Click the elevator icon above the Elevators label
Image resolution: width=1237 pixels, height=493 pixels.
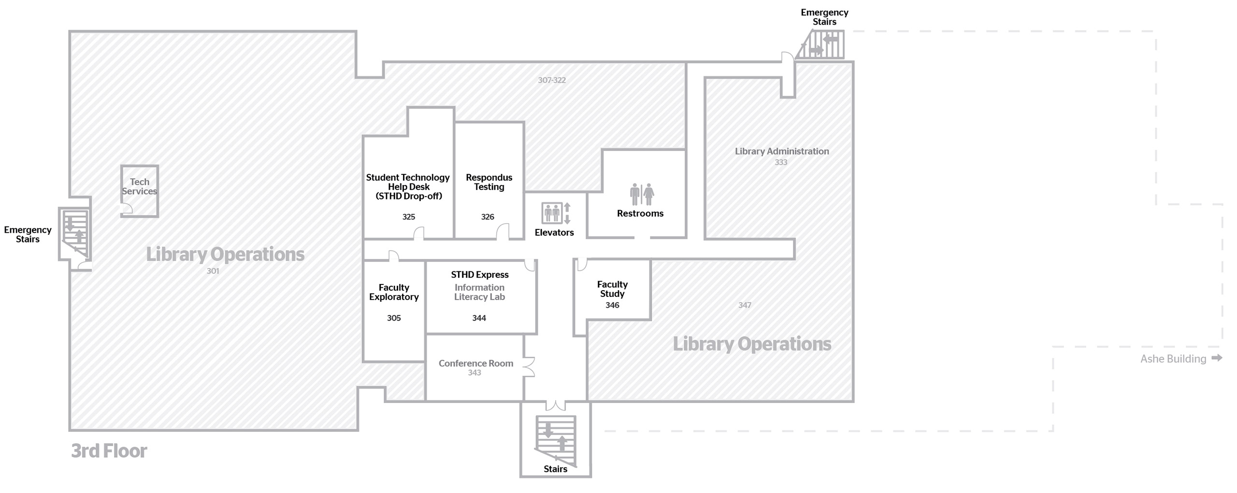[x=552, y=213]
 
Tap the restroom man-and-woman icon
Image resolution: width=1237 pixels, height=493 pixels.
[x=642, y=194]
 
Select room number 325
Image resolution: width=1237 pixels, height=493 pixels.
[x=409, y=217]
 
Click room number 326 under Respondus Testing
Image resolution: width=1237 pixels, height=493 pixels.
[x=488, y=217]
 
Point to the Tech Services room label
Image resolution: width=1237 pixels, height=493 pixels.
[x=139, y=186]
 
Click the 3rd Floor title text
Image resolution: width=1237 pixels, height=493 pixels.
[x=109, y=451]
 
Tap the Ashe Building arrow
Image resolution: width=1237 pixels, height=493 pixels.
[x=1217, y=358]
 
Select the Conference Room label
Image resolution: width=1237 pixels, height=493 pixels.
[x=476, y=363]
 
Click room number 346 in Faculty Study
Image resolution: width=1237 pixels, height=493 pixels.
[x=612, y=305]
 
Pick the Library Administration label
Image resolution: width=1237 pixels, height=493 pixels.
[x=782, y=151]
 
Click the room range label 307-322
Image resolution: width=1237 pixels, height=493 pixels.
[x=552, y=80]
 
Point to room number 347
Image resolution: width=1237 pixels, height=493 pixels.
[x=745, y=305]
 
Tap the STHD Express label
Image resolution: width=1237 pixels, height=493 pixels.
[x=480, y=275]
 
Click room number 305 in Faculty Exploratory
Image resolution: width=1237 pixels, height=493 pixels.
[x=394, y=318]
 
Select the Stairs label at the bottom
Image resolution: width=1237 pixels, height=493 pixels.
[x=556, y=469]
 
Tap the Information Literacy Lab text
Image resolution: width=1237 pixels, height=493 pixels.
[x=479, y=292]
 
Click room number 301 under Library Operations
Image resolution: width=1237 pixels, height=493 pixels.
[x=213, y=271]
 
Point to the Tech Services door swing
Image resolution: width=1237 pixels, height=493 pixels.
[x=127, y=209]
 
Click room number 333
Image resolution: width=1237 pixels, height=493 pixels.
[x=781, y=163]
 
